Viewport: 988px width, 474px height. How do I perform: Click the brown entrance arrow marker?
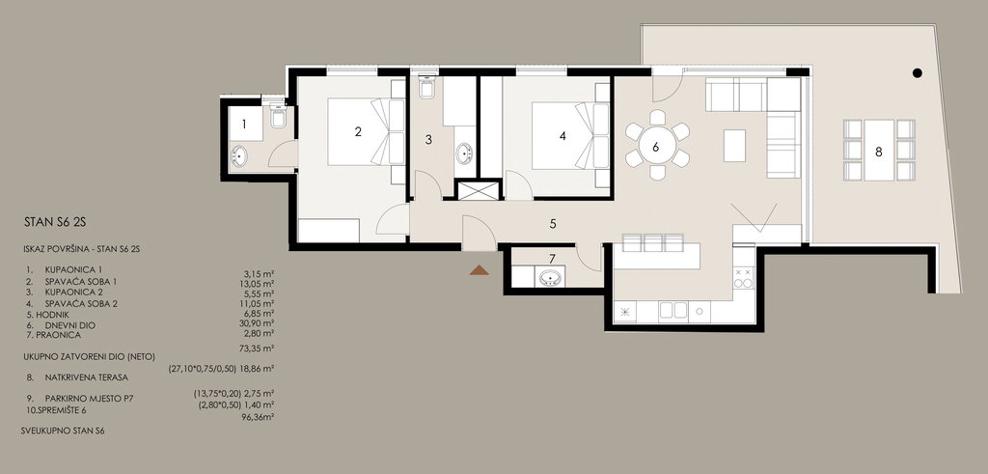(479, 270)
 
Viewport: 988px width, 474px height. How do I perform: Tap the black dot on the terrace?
(917, 73)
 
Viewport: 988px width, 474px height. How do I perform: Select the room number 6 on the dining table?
(656, 147)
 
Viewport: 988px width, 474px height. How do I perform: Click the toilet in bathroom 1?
(278, 115)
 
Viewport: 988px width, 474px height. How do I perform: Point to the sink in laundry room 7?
(550, 277)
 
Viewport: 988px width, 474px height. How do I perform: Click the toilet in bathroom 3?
(426, 86)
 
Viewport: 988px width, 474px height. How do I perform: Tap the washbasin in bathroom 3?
(465, 153)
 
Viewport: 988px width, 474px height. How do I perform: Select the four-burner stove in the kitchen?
(744, 277)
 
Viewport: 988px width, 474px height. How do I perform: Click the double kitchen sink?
(672, 311)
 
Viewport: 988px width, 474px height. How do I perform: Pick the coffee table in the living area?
(734, 145)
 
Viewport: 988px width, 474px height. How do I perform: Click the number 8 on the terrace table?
(878, 152)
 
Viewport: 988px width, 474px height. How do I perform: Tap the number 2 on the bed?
(358, 131)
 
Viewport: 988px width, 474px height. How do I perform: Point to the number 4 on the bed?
(563, 135)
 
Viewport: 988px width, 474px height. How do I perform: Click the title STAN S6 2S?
(54, 222)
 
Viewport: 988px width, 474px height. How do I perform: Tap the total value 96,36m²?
(258, 417)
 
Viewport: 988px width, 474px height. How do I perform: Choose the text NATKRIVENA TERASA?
(86, 377)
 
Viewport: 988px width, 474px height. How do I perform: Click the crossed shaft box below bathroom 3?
(479, 190)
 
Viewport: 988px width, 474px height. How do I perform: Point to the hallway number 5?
(553, 223)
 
